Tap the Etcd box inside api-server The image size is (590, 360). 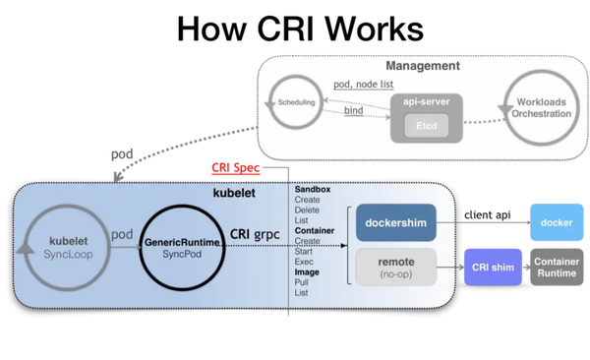pyautogui.click(x=426, y=125)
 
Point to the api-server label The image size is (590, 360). pyautogui.click(x=426, y=101)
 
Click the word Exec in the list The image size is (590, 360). pyautogui.click(x=305, y=261)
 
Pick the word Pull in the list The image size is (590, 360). pyautogui.click(x=303, y=282)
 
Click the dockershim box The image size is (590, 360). pyautogui.click(x=394, y=223)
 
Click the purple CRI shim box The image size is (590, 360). pyautogui.click(x=493, y=267)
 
